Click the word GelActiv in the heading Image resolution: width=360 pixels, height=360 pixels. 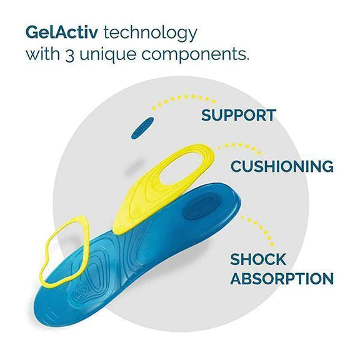pos(62,32)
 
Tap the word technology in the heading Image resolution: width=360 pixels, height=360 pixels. pos(151,34)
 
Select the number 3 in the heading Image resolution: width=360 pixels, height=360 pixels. pos(69,55)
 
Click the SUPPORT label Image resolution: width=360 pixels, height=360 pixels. pos(238,115)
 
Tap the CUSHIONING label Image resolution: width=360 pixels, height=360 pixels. pos(282,166)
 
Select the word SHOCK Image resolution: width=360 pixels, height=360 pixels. pos(258,259)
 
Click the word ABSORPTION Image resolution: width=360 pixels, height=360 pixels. pos(282,278)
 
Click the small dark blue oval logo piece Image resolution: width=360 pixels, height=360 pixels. pos(142,128)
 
